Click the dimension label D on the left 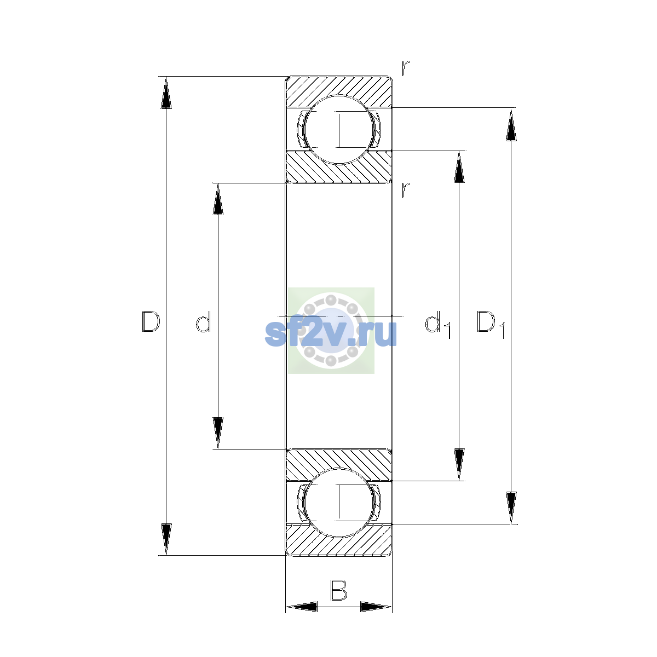click(x=151, y=321)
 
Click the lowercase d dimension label click(x=204, y=321)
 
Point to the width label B click(x=338, y=590)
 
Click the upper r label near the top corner click(x=405, y=68)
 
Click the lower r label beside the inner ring click(x=405, y=190)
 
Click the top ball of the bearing click(x=339, y=130)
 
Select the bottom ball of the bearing click(x=339, y=503)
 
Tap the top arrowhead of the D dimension click(x=166, y=93)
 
